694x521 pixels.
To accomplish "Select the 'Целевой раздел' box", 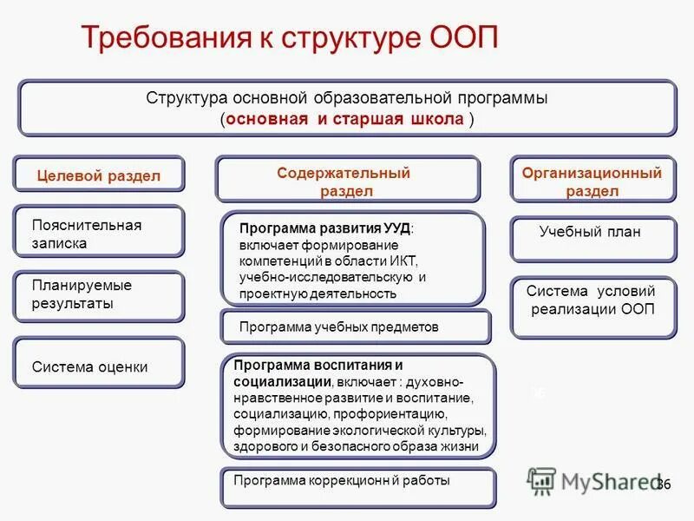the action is coord(99,175).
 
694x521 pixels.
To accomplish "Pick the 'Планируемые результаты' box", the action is coord(99,294).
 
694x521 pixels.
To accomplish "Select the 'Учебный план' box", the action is coord(592,233).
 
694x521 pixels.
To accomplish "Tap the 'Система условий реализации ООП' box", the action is coord(592,300).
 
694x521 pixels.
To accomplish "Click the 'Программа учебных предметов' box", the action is coord(356,327).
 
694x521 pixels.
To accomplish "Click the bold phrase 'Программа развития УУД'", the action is coord(324,228).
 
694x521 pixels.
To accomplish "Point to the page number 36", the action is coord(664,484).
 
